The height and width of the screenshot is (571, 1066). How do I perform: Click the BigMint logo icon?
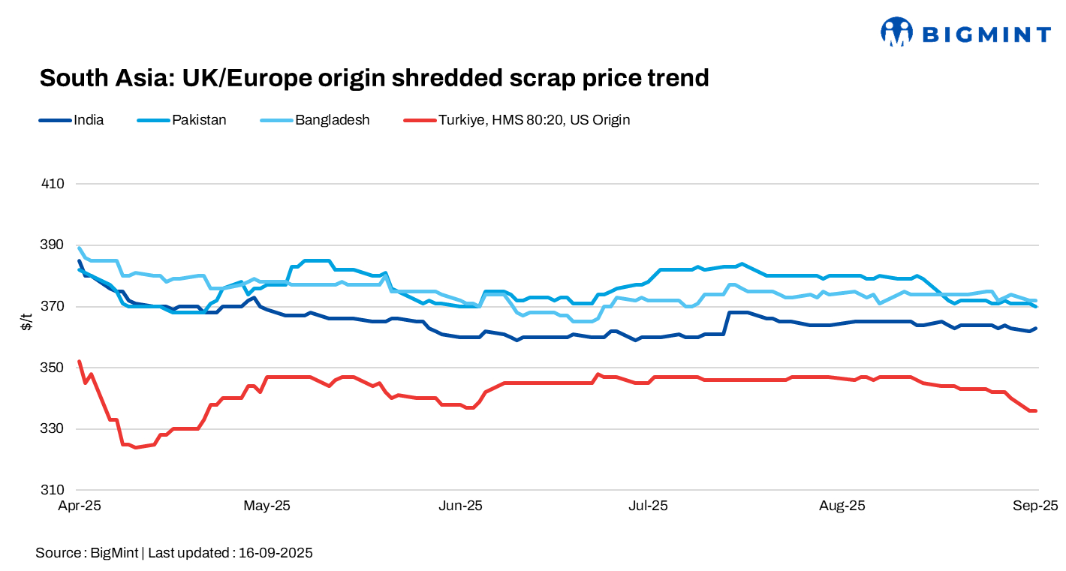[x=896, y=32]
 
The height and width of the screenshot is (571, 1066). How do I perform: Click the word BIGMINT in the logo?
[x=986, y=35]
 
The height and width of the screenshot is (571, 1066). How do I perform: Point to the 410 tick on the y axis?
[x=53, y=184]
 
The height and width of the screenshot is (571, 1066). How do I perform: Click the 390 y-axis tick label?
[x=53, y=245]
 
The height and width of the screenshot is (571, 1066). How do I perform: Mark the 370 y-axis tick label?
[x=53, y=306]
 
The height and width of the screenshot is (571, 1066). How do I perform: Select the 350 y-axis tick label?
[x=53, y=368]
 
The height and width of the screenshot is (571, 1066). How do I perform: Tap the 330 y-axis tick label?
[x=53, y=429]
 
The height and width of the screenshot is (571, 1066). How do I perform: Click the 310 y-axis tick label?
[x=53, y=490]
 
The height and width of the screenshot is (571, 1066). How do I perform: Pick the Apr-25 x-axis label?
[x=80, y=506]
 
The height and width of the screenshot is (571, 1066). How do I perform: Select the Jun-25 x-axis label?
[x=460, y=506]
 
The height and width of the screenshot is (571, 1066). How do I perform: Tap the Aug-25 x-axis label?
[x=842, y=506]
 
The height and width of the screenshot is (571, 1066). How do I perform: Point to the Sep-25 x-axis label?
[x=1035, y=506]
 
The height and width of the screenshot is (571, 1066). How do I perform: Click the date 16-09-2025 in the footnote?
[x=276, y=554]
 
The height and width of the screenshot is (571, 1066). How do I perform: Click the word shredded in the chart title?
[x=396, y=78]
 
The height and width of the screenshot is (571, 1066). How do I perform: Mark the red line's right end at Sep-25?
[x=1036, y=410]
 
